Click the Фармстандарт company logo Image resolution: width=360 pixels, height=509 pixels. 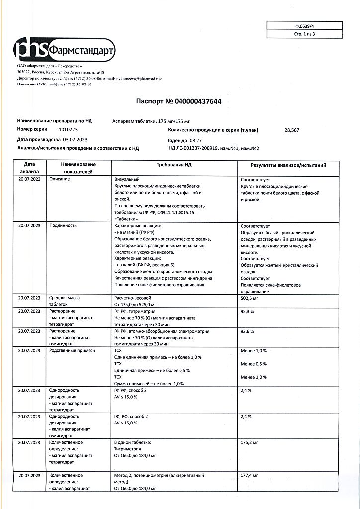[x=65, y=49]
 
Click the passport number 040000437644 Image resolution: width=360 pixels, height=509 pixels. [x=197, y=101]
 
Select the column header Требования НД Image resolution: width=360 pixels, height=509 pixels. [x=175, y=165]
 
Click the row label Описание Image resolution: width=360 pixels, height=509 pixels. [x=60, y=179]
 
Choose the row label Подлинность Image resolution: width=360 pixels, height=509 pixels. [x=63, y=225]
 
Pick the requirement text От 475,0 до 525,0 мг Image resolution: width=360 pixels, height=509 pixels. [x=135, y=304]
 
